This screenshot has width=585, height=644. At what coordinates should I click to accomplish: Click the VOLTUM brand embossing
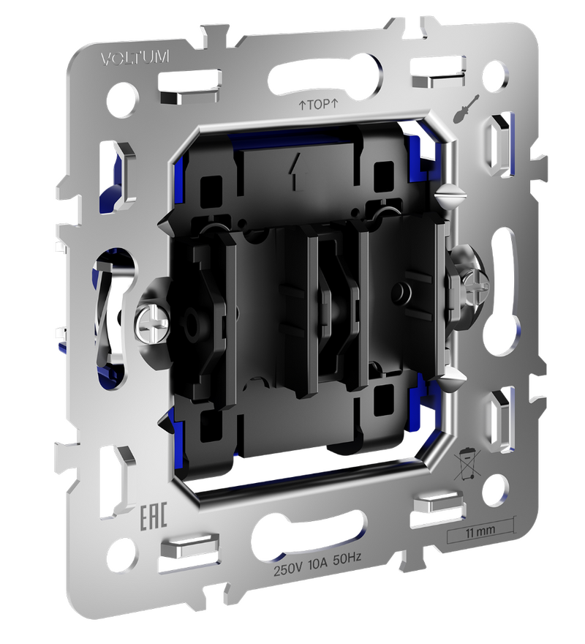(x=135, y=58)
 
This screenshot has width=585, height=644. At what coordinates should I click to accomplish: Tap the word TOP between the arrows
(x=318, y=105)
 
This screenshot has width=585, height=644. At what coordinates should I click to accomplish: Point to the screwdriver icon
(x=466, y=108)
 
